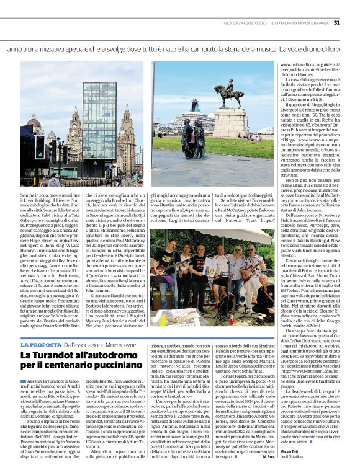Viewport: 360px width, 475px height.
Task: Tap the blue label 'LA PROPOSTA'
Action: [x=40, y=344]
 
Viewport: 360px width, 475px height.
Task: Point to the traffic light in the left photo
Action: [x=39, y=148]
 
